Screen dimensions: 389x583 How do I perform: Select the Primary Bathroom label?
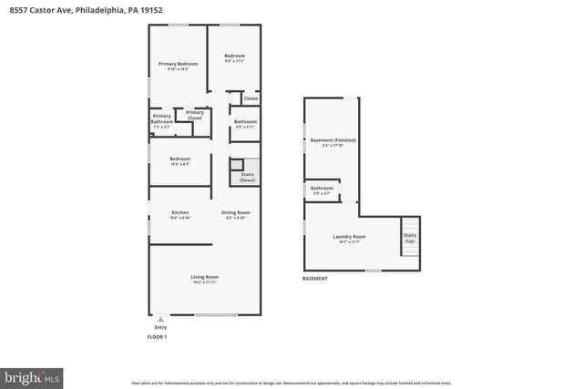tap(162, 118)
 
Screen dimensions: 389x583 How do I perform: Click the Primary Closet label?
tap(194, 115)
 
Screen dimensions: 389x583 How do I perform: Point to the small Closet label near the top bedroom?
tap(251, 98)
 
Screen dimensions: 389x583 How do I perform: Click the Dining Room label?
tap(235, 215)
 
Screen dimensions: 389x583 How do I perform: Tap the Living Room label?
tap(204, 279)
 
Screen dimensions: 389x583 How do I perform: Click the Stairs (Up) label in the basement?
tap(409, 238)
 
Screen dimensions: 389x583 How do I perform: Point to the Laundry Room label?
tap(349, 239)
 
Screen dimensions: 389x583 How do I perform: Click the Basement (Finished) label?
tap(332, 142)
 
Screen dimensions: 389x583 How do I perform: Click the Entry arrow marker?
tap(161, 319)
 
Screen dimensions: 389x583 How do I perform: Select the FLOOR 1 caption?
tap(158, 337)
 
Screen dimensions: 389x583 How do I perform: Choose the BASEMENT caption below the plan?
tap(315, 279)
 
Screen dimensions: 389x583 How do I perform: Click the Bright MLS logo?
tap(33, 375)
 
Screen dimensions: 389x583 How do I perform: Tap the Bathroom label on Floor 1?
tap(245, 123)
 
